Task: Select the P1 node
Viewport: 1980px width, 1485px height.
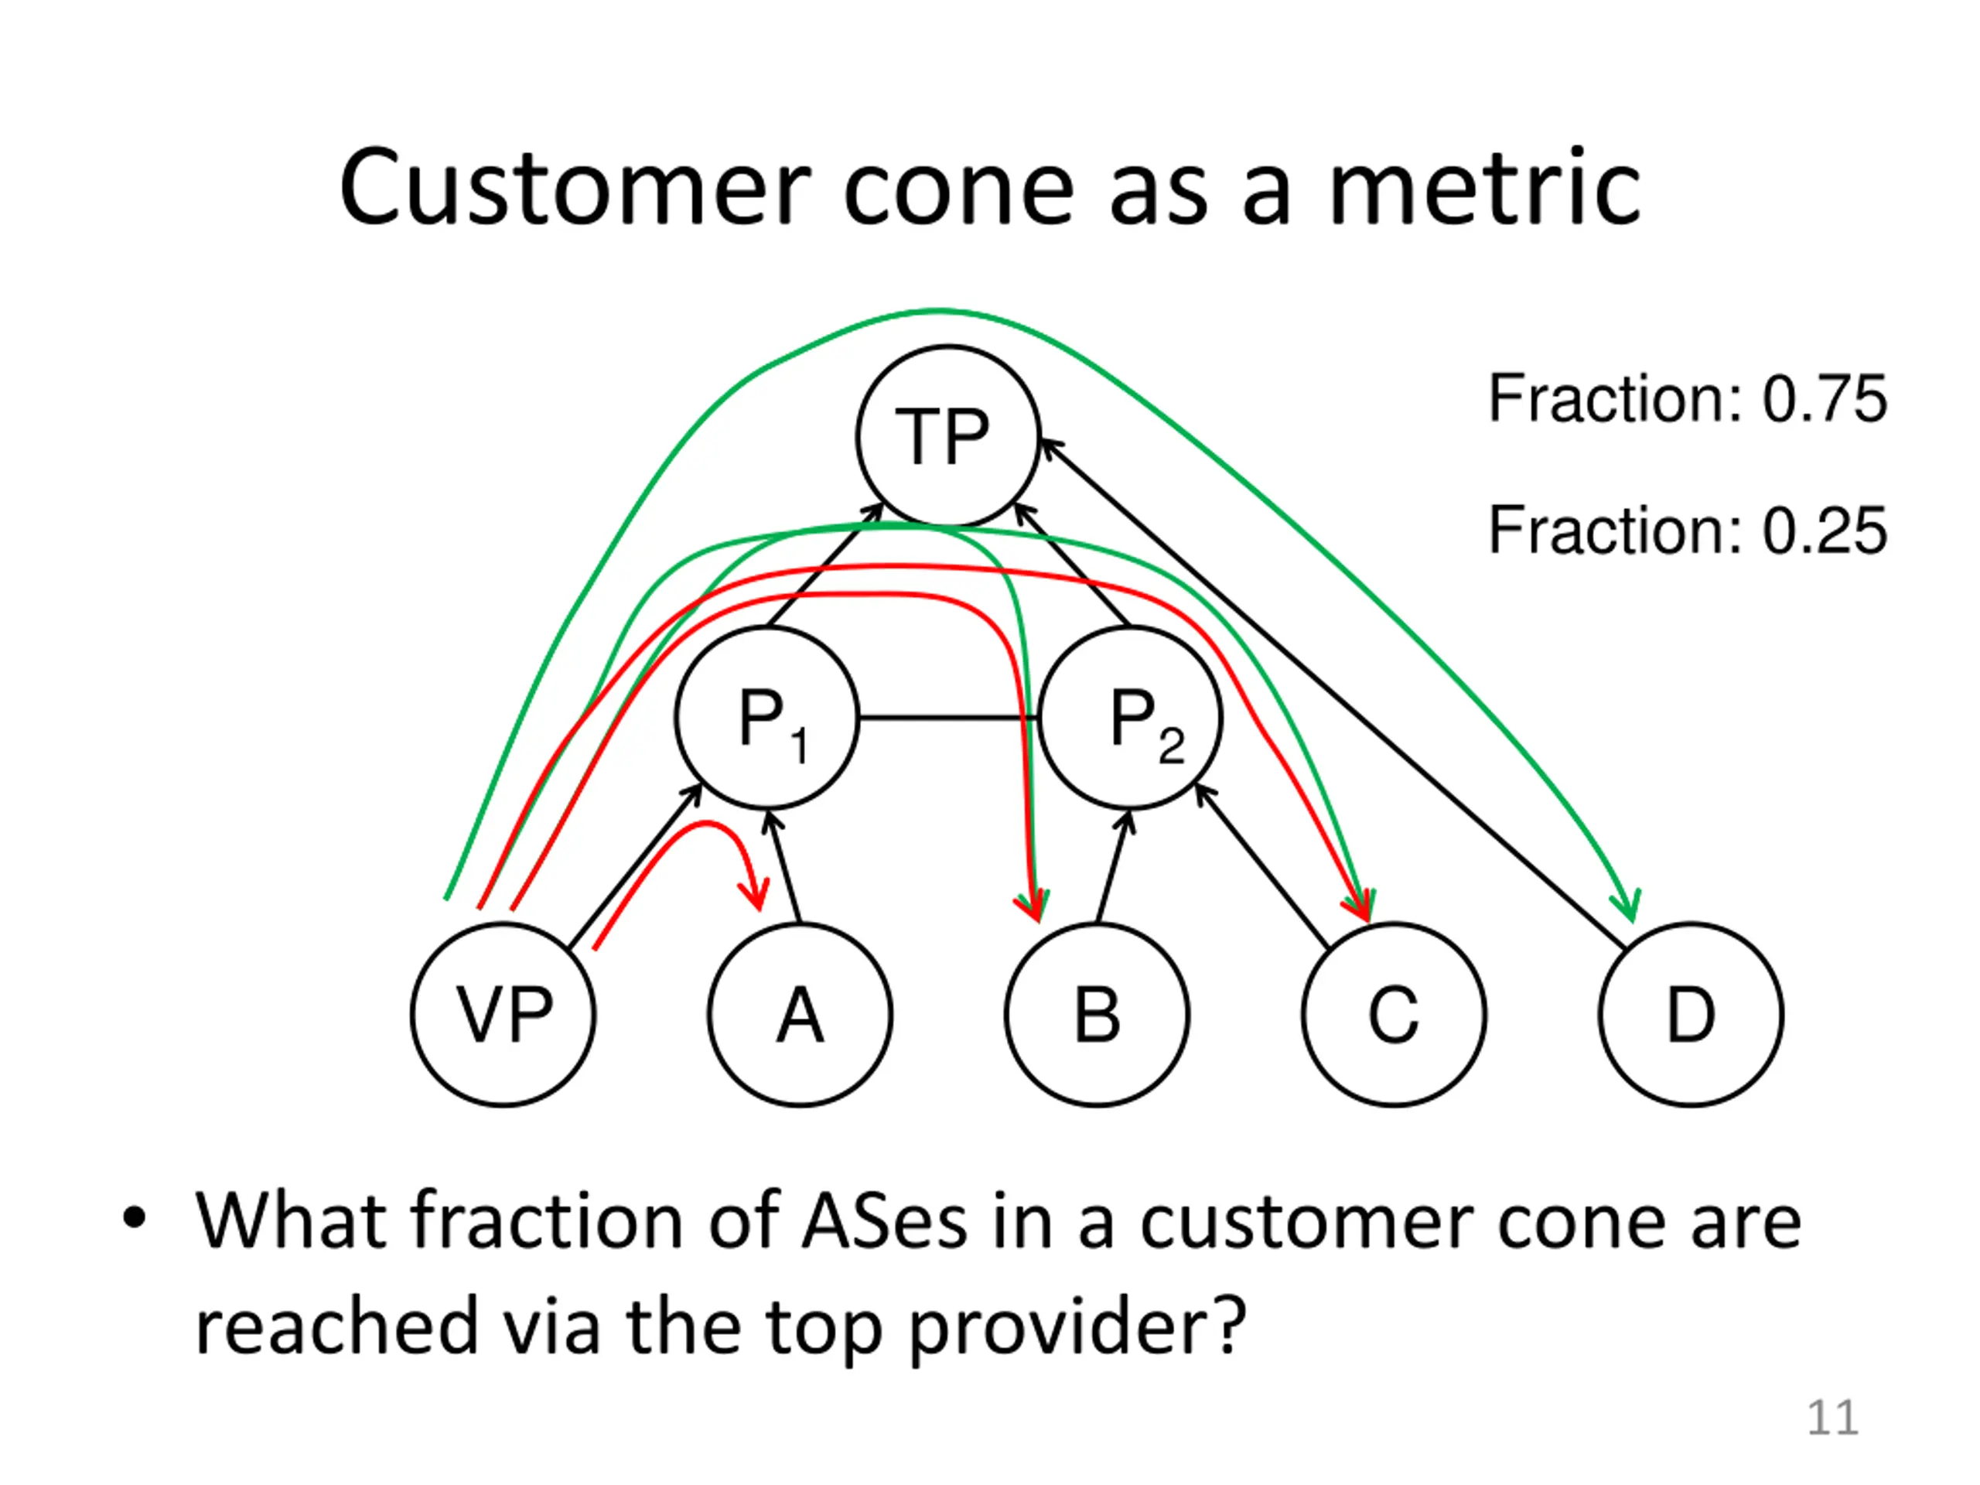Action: [767, 718]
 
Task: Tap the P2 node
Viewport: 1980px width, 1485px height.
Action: [1131, 718]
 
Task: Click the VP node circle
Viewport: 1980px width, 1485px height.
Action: [503, 1015]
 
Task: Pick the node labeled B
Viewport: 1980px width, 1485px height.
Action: [1098, 1015]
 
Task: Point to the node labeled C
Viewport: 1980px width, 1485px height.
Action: [1395, 1015]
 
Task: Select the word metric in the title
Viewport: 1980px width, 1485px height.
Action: [1485, 189]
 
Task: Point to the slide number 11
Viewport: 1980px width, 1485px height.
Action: [1832, 1418]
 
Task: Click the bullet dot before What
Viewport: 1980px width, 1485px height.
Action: [135, 1218]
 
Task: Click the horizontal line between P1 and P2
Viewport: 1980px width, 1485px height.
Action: [947, 718]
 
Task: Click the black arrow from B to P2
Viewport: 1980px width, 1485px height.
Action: [1113, 867]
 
